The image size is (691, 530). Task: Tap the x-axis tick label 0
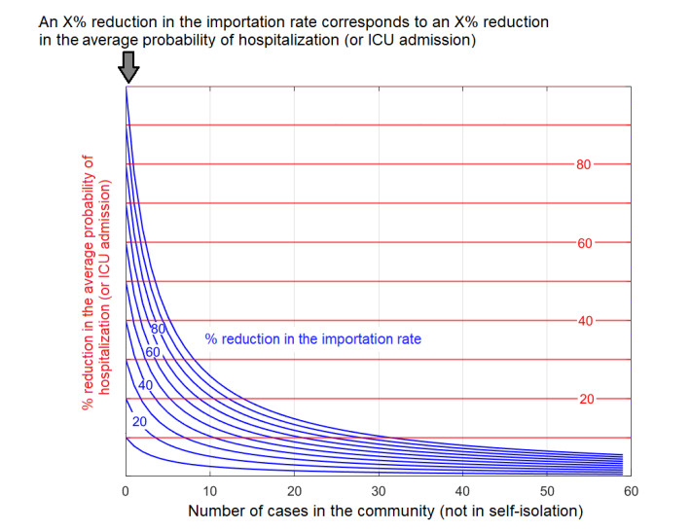pyautogui.click(x=126, y=491)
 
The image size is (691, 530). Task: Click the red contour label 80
pyautogui.click(x=584, y=164)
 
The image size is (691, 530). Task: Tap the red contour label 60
pyautogui.click(x=584, y=242)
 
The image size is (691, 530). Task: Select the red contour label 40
pyautogui.click(x=584, y=320)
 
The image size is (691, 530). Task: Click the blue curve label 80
pyautogui.click(x=160, y=329)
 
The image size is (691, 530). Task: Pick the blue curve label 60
pyautogui.click(x=153, y=351)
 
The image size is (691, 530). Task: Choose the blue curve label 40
pyautogui.click(x=145, y=385)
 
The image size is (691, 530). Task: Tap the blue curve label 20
pyautogui.click(x=139, y=421)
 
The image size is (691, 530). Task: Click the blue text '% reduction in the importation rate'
pyautogui.click(x=312, y=338)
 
